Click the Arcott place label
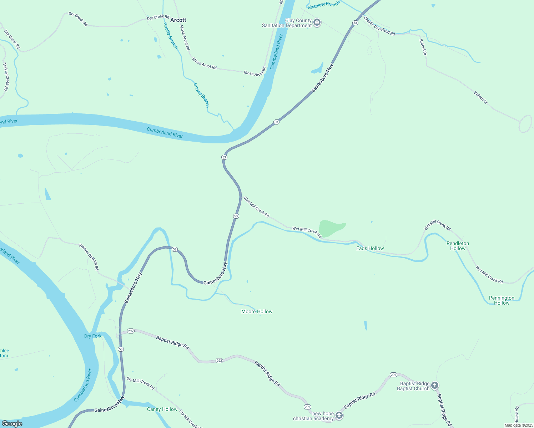pyautogui.click(x=178, y=20)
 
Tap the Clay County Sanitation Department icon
pyautogui.click(x=317, y=23)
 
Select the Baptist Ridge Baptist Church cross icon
pyautogui.click(x=434, y=385)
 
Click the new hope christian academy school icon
pyautogui.click(x=339, y=416)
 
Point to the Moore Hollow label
pyautogui.click(x=257, y=311)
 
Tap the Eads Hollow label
pyautogui.click(x=370, y=248)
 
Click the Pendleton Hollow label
pyautogui.click(x=458, y=246)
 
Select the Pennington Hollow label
pyautogui.click(x=502, y=300)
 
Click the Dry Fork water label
pyautogui.click(x=93, y=336)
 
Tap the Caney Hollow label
pyautogui.click(x=162, y=409)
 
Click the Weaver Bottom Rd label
pyautogui.click(x=89, y=257)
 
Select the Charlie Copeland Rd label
pyautogui.click(x=379, y=26)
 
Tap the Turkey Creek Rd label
pyautogui.click(x=6, y=77)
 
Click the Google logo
pyautogui.click(x=12, y=424)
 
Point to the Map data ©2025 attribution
pyautogui.click(x=518, y=425)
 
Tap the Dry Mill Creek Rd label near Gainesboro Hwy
pyautogui.click(x=140, y=383)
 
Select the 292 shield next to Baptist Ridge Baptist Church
pyautogui.click(x=393, y=375)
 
